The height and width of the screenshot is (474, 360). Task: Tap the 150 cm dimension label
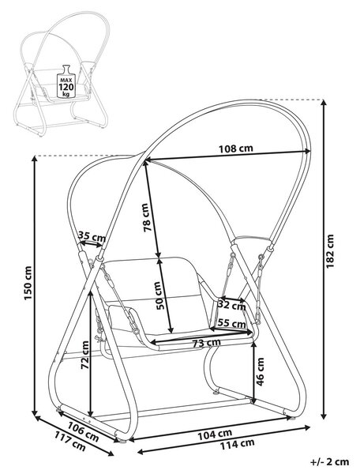tap(28, 283)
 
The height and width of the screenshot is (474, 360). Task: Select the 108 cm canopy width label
tap(236, 149)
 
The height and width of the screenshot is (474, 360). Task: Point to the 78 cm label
tap(146, 218)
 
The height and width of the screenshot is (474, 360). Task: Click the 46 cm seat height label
tap(260, 371)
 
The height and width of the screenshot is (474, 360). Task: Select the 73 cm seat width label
tap(207, 343)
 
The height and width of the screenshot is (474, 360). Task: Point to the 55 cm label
tap(231, 323)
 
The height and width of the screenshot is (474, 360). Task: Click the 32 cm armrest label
tap(231, 305)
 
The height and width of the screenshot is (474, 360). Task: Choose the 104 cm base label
tap(215, 434)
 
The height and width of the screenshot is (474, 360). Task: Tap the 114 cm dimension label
tap(237, 444)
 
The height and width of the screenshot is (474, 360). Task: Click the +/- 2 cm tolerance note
tap(329, 461)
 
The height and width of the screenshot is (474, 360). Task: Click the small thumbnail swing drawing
tap(62, 73)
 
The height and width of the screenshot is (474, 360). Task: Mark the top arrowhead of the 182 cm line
tap(324, 103)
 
